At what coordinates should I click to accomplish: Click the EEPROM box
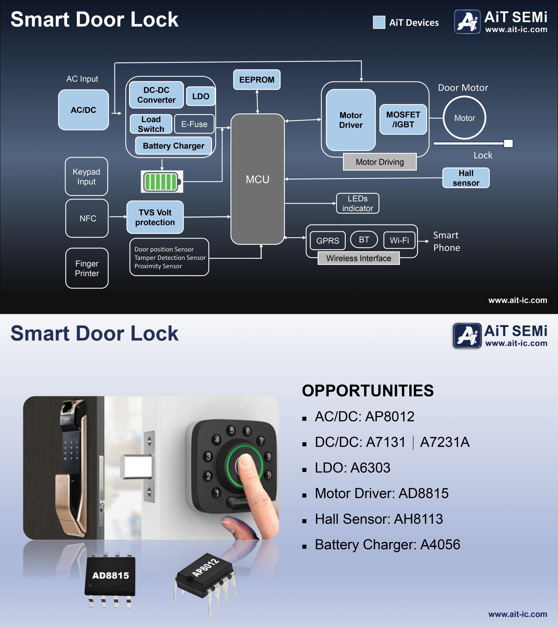(257, 79)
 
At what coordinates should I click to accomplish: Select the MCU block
(257, 179)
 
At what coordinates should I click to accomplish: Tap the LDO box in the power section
(201, 96)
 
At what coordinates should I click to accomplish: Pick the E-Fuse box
(194, 124)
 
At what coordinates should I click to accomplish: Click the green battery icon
(162, 182)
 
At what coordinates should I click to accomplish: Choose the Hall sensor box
(466, 178)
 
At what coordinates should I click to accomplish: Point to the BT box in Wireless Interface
(364, 239)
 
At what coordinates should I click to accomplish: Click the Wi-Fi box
(399, 240)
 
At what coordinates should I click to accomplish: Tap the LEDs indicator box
(357, 203)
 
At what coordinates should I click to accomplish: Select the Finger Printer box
(87, 268)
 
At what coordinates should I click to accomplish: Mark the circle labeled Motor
(464, 118)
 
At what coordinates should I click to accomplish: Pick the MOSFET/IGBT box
(403, 119)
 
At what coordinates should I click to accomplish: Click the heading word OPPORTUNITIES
(368, 391)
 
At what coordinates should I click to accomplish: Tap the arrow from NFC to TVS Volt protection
(118, 217)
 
